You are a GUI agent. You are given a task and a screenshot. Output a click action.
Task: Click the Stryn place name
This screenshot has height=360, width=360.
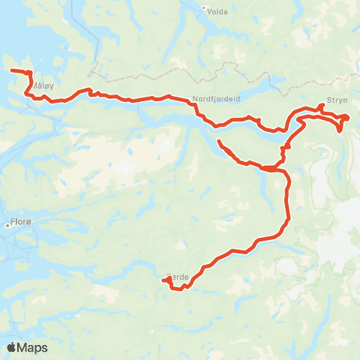335,106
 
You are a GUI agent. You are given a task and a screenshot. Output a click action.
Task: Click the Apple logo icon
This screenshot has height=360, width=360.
13,347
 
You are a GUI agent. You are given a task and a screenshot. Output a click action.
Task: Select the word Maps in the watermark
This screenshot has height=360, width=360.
33,347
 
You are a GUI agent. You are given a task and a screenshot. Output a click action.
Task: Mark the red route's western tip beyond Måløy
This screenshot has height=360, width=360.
12,70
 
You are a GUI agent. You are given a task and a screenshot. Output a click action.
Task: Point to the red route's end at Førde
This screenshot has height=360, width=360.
162,281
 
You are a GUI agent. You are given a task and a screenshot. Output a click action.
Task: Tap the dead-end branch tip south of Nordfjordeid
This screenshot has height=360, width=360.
218,141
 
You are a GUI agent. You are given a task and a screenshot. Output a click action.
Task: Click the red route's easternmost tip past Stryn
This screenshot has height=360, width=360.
349,116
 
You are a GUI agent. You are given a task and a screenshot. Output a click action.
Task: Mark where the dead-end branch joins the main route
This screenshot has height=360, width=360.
264,166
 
